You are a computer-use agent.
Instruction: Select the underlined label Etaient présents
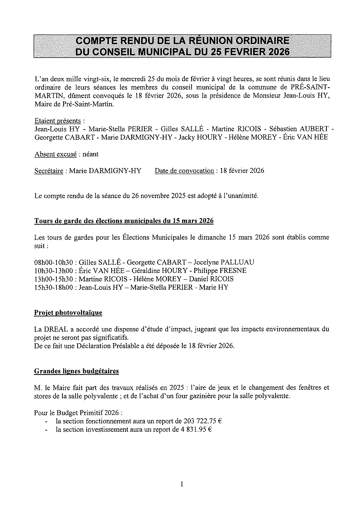coord(57,120)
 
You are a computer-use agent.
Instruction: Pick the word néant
coord(90,154)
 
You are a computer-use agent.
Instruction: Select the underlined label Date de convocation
coord(184,171)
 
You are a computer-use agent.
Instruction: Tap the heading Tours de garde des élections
coord(124,221)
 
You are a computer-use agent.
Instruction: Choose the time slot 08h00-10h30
coord(54,263)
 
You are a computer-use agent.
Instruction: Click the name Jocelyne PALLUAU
coord(224,263)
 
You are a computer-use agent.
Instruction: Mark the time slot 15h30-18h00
coord(54,287)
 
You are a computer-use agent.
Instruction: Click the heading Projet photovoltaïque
coord(68,313)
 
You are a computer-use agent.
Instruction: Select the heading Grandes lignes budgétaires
coord(76,371)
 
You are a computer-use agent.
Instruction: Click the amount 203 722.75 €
coord(203,421)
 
